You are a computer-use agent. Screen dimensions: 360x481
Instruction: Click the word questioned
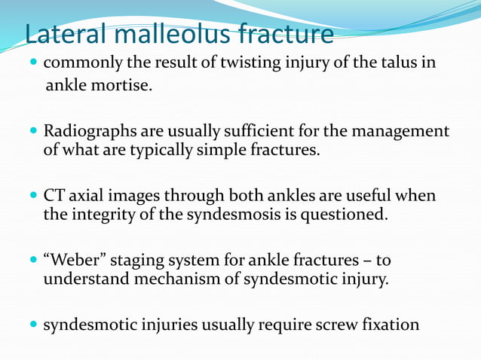click(x=345, y=215)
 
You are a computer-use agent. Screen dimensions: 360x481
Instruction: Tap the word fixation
click(x=388, y=325)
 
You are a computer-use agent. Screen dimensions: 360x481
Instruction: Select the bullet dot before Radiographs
click(x=33, y=132)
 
